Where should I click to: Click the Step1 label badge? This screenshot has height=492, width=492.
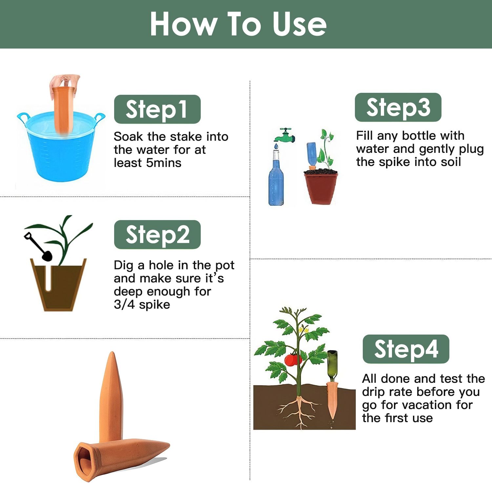pos(157,109)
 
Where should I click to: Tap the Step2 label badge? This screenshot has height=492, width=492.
pos(157,235)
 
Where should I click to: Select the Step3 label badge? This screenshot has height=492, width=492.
pos(398,107)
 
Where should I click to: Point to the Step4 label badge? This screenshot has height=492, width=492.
pos(406,349)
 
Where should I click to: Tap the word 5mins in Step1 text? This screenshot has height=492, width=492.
pos(164,163)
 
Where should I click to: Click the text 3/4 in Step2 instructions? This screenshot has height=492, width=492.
pos(124,305)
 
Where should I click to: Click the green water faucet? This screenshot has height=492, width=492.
pos(284,135)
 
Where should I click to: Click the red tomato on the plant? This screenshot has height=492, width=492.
pos(293,360)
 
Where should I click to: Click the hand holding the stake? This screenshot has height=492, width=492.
pos(65,85)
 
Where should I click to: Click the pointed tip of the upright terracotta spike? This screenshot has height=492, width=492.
pos(113,353)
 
